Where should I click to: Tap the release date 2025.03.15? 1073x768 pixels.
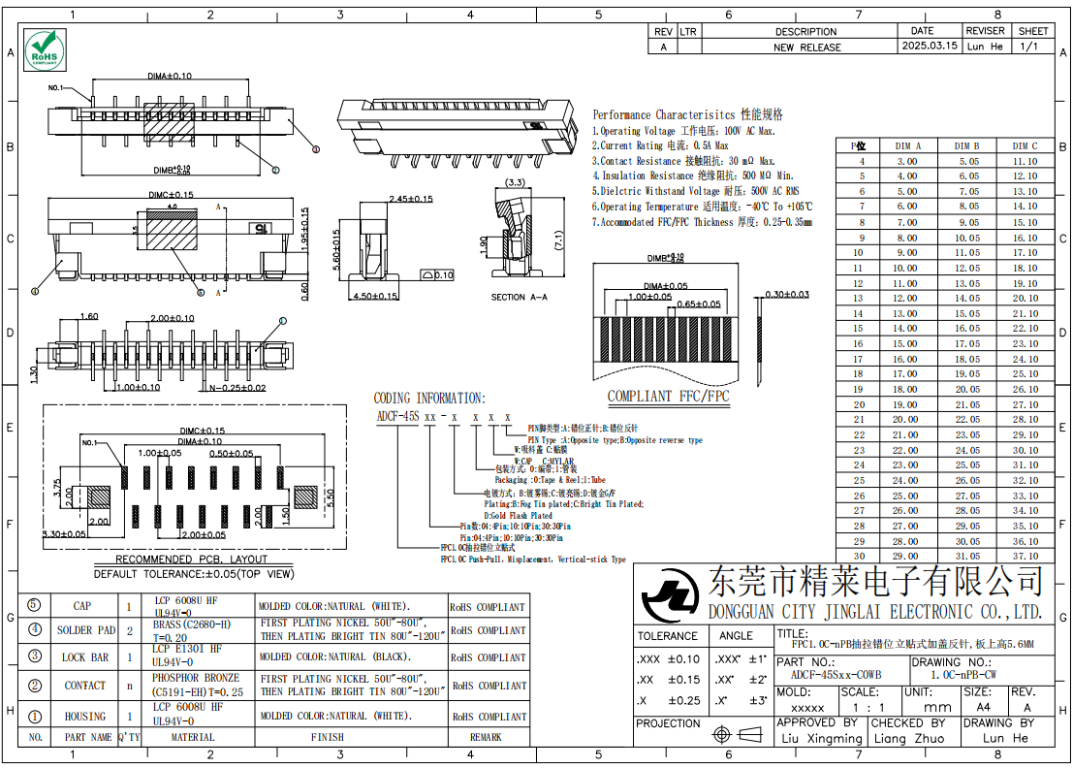point(929,46)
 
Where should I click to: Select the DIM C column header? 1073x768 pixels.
point(1025,145)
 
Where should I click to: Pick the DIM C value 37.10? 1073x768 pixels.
point(1025,557)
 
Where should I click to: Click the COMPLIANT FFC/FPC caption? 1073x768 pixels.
point(668,396)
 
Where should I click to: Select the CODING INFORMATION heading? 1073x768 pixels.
point(429,398)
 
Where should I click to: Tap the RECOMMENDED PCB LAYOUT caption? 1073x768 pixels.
point(192,560)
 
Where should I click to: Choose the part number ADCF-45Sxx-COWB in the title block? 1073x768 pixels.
point(836,674)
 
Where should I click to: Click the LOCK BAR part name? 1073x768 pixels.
point(85,656)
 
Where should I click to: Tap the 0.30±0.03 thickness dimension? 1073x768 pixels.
point(787,294)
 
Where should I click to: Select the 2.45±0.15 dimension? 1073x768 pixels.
point(410,198)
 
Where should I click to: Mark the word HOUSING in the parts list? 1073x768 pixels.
point(85,716)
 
